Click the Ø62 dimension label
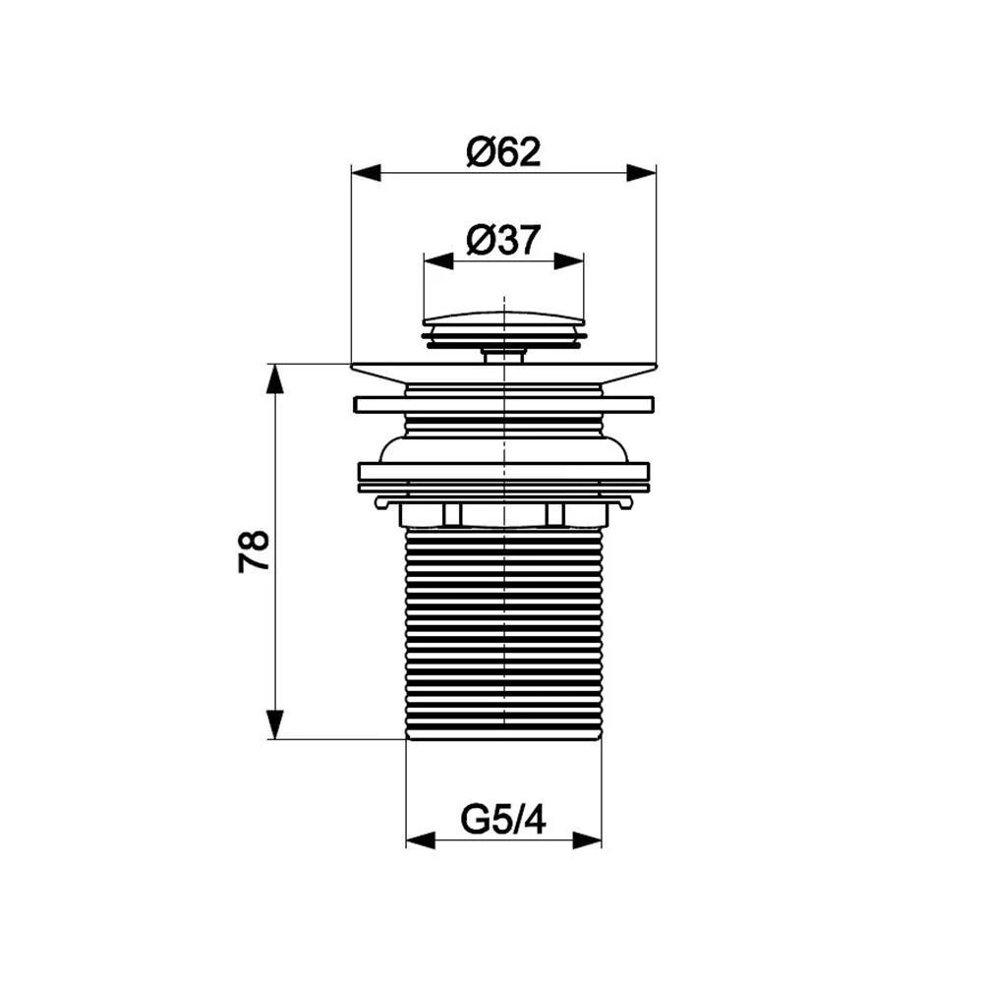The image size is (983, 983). (503, 152)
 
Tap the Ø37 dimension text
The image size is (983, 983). (503, 240)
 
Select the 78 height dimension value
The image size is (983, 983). (254, 551)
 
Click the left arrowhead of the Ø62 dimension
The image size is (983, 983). (366, 173)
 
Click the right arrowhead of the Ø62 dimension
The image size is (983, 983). (641, 173)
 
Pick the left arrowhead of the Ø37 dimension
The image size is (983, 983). (438, 261)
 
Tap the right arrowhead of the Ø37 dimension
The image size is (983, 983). (568, 261)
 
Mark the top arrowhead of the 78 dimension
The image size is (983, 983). (275, 378)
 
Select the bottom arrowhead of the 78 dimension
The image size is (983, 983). (275, 724)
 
